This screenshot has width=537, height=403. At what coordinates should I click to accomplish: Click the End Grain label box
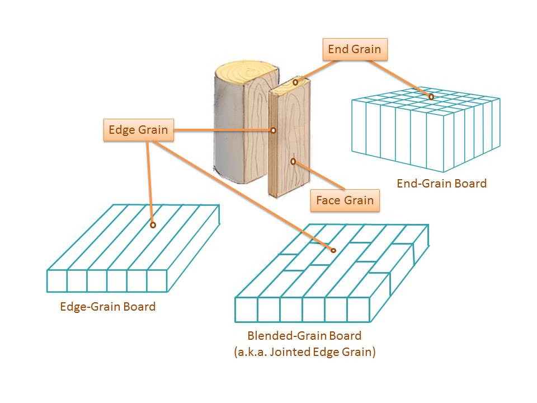click(355, 49)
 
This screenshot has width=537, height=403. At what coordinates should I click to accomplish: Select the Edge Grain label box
click(138, 130)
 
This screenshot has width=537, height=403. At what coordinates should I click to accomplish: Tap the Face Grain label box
click(345, 200)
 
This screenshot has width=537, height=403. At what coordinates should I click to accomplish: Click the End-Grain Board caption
click(441, 183)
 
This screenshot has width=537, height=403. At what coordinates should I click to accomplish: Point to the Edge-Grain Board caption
click(107, 307)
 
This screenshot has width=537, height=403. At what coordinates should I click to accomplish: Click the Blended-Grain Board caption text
click(304, 336)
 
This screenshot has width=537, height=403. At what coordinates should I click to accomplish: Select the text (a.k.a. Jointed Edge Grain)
click(304, 352)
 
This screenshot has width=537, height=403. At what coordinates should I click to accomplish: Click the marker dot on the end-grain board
click(431, 97)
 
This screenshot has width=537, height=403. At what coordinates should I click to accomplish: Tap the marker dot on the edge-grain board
click(153, 225)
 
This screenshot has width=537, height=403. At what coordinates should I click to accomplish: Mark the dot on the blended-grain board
click(333, 250)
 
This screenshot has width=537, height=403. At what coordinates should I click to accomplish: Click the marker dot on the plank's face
click(293, 161)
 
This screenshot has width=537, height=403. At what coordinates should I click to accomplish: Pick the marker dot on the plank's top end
click(295, 82)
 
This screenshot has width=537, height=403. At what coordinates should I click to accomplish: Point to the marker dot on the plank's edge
click(273, 130)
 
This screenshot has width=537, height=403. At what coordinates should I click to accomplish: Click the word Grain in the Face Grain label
click(359, 200)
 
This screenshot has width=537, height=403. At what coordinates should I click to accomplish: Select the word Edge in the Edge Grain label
click(120, 130)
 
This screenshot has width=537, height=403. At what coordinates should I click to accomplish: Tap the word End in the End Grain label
click(338, 49)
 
